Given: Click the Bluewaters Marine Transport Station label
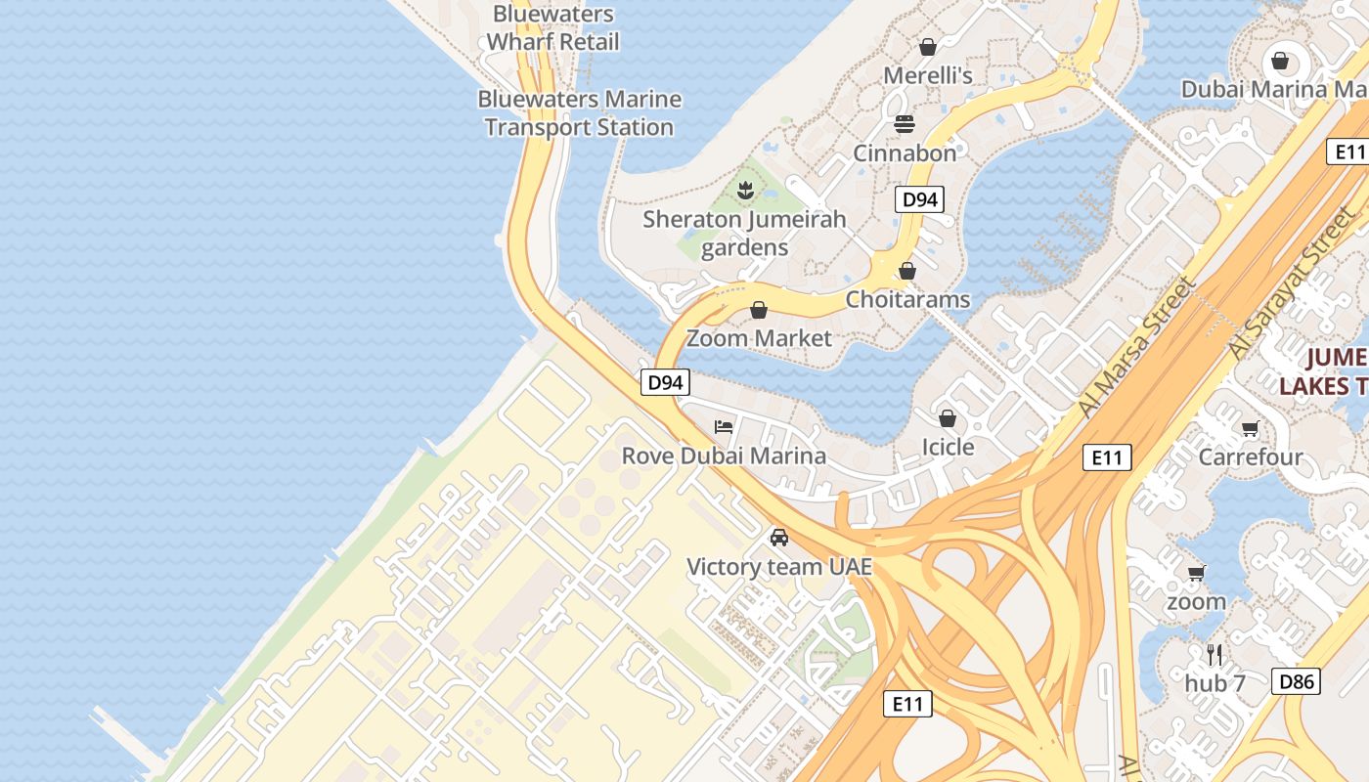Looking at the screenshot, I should tap(579, 113).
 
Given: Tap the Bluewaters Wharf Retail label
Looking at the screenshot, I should tap(553, 28).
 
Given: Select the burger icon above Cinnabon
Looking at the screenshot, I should tap(904, 124).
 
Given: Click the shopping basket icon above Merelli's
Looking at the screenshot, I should tap(927, 47).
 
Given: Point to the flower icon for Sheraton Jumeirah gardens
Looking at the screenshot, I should tap(745, 191).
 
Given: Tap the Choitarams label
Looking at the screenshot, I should tap(907, 299).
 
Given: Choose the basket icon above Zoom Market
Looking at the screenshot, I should tap(759, 311).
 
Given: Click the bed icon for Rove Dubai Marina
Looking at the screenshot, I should tap(724, 427).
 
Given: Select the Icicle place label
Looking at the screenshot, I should tap(948, 447).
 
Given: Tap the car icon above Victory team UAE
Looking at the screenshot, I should tap(778, 538).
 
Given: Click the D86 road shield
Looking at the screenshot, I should tap(1296, 681).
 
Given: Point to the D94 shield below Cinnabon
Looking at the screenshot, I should tap(919, 199).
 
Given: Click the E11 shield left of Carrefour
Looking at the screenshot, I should tap(1107, 456).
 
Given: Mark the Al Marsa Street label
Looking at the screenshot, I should tap(1138, 348).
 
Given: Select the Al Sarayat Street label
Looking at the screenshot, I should tap(1288, 283).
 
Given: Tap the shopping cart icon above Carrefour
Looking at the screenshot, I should tap(1250, 428).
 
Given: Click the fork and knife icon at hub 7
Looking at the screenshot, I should tap(1214, 654).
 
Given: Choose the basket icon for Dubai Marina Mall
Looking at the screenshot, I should tap(1279, 62).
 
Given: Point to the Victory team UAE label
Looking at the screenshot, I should tap(778, 567).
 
